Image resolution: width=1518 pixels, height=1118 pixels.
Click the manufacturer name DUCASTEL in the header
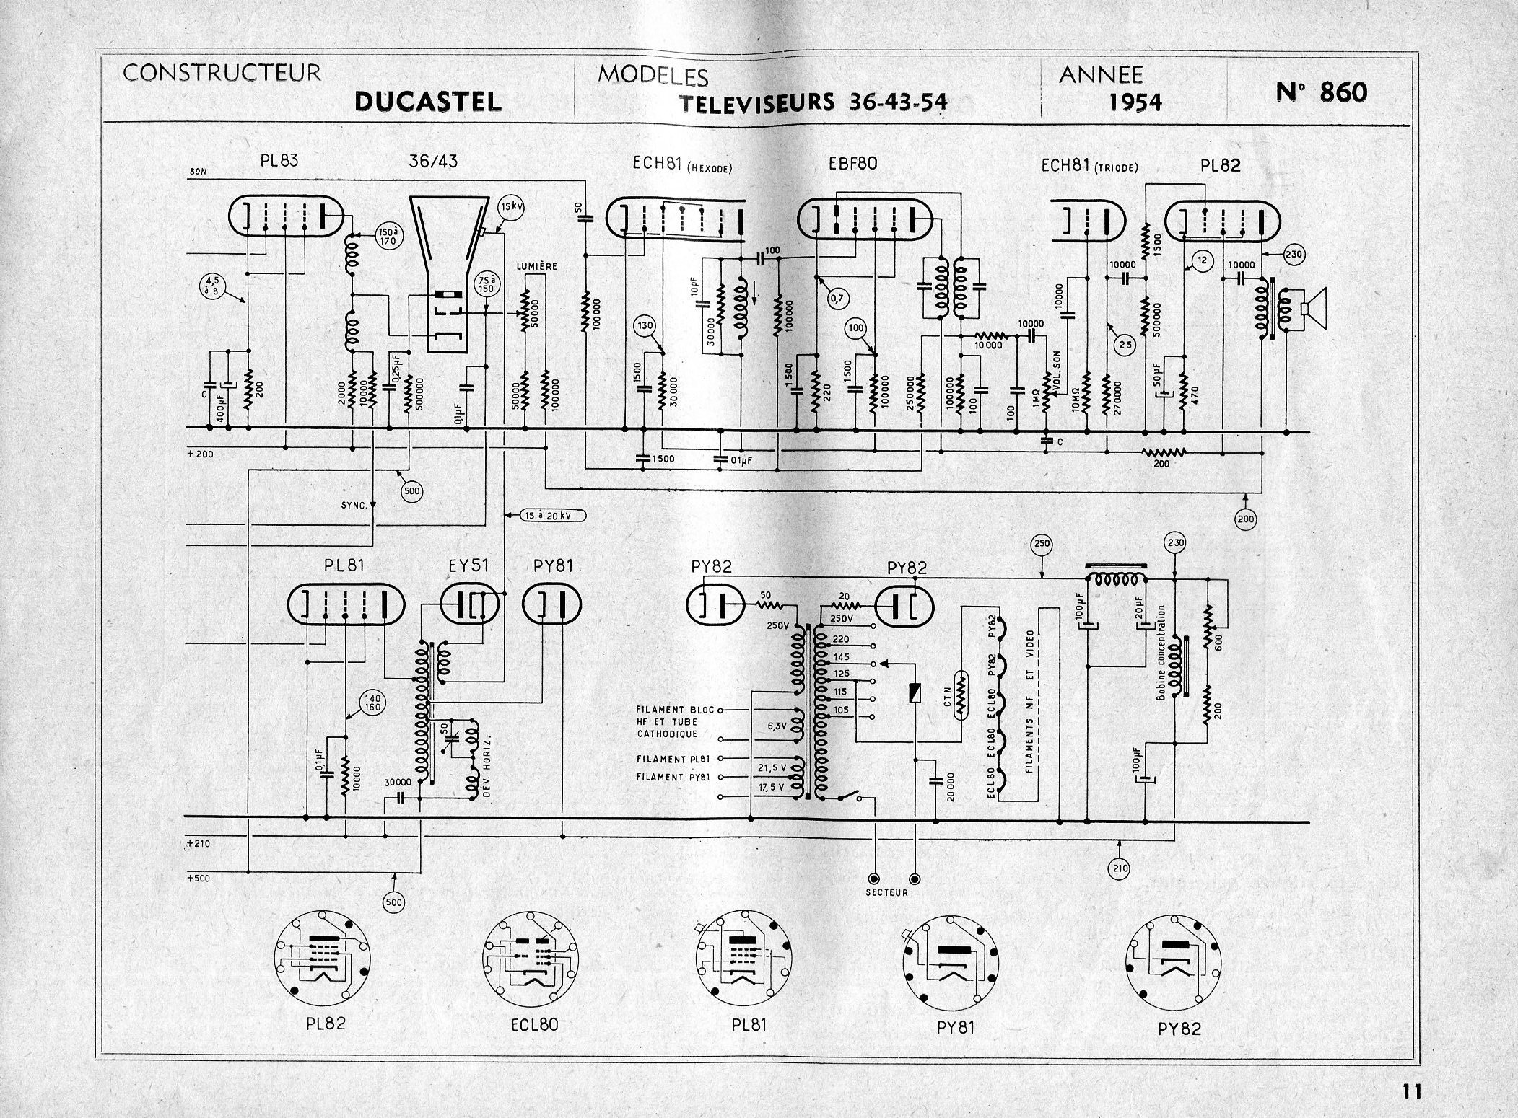(428, 101)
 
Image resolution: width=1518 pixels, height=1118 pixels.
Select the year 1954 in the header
(1135, 102)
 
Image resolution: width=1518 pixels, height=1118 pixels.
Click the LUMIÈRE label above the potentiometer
(536, 267)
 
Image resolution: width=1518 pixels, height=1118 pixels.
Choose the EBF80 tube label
(852, 164)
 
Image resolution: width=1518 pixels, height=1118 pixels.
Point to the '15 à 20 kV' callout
(550, 515)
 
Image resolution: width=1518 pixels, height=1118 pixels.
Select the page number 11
(1413, 1091)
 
